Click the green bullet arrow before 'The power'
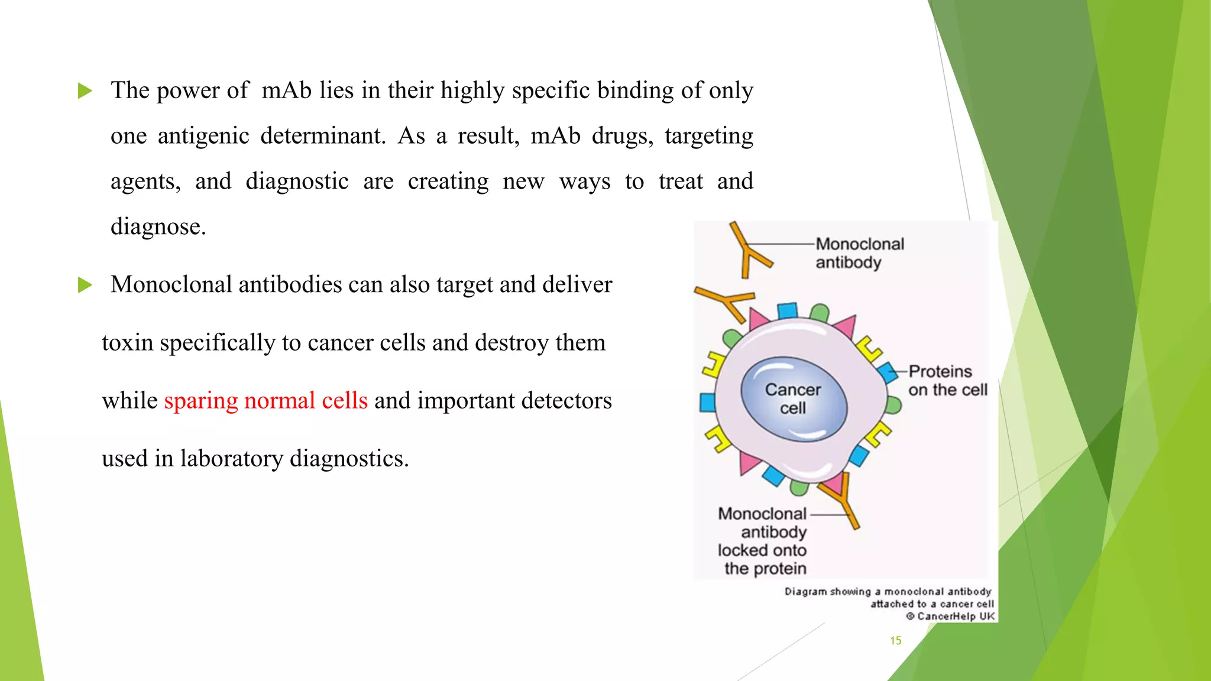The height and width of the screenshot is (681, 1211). pos(85,91)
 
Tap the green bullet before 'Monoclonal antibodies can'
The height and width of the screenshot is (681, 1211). pos(85,286)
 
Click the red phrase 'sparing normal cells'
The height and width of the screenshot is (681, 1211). pos(265,401)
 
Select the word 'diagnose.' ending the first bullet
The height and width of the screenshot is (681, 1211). pos(158,227)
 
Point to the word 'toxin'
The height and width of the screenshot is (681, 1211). pos(127,343)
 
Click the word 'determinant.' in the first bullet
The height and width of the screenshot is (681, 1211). pos(323,136)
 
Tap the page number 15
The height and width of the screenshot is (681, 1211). pos(895,641)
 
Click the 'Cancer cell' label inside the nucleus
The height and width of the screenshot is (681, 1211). pos(792,399)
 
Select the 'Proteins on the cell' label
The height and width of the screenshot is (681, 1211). pos(947,381)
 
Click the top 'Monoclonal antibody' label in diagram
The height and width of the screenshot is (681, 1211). pos(859,253)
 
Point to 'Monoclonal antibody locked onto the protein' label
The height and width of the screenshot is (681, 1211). pos(762,541)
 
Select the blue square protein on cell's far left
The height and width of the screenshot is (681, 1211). pos(707,403)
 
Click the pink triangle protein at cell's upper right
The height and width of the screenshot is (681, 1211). pos(845,326)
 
